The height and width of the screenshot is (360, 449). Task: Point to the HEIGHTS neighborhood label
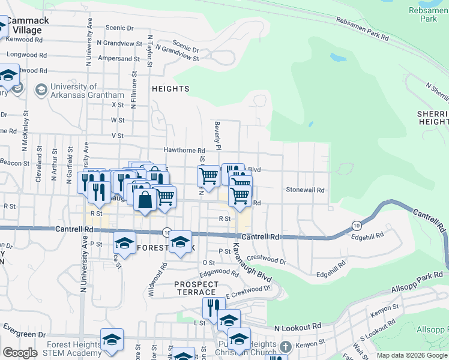click(171, 89)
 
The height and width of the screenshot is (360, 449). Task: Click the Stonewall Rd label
click(305, 190)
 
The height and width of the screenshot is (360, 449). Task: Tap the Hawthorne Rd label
click(184, 151)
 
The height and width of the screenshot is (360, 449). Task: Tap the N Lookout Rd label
click(297, 328)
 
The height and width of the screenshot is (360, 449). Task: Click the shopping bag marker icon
click(145, 200)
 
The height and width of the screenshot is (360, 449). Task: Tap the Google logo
click(20, 353)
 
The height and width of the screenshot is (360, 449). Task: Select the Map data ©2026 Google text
click(411, 355)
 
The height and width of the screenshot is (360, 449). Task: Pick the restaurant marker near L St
click(213, 307)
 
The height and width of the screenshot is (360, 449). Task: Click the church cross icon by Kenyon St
click(286, 347)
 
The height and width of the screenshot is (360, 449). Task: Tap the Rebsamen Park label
click(428, 14)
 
